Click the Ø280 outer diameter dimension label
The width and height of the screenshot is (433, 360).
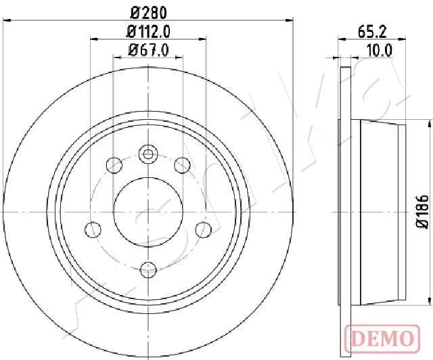149,13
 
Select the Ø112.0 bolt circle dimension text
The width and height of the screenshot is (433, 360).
148,32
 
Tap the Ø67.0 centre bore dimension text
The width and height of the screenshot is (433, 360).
148,51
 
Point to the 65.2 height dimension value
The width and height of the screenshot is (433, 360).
372,32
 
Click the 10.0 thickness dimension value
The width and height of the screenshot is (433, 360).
380,51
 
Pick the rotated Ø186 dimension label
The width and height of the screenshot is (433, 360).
422,212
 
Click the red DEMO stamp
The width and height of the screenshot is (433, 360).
382,339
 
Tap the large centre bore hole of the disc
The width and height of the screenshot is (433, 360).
148,212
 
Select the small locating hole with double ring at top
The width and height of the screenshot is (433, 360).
148,154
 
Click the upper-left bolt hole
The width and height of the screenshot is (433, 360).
114,165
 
